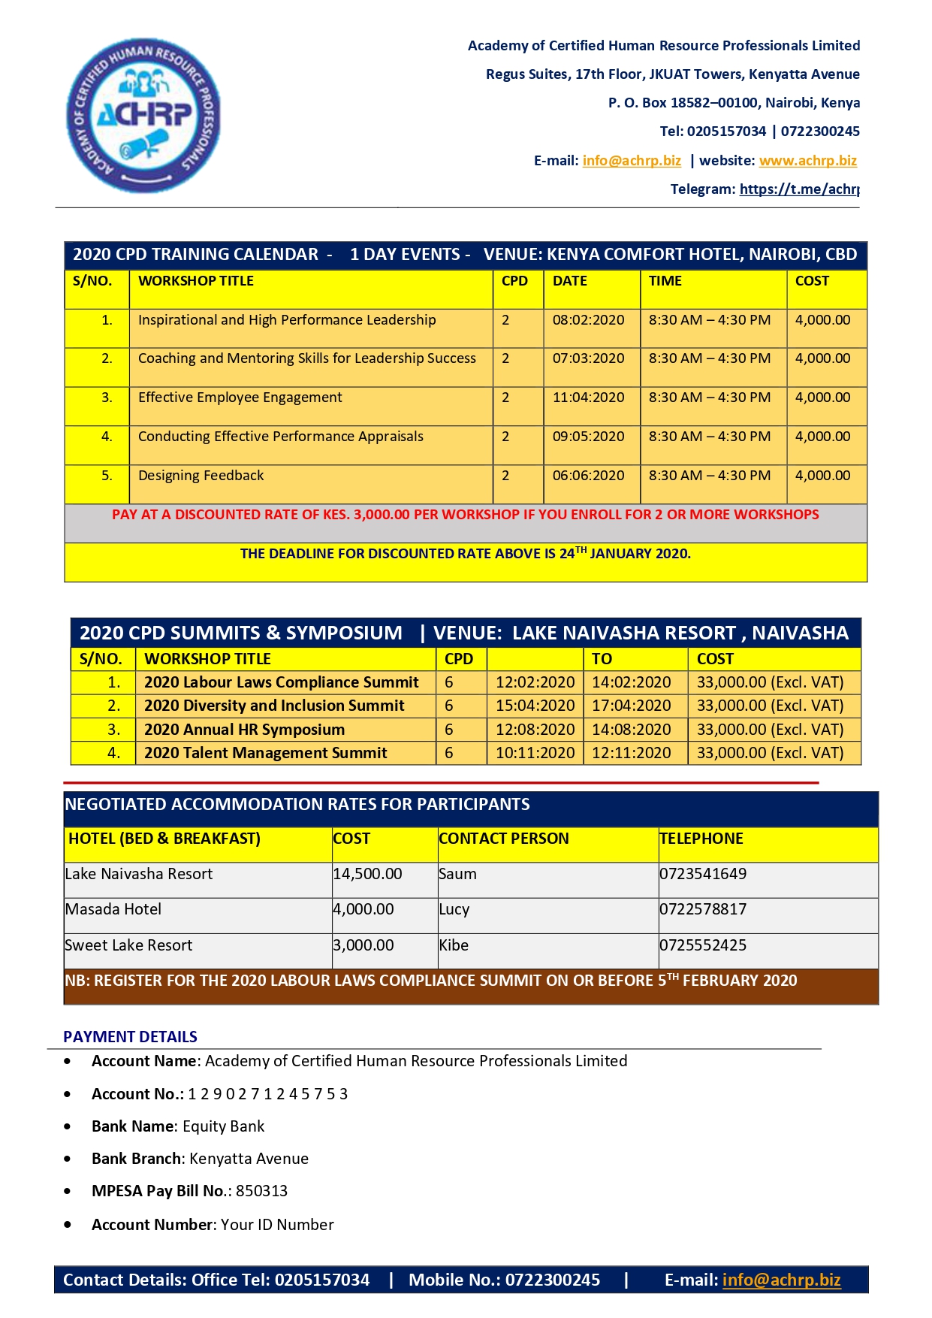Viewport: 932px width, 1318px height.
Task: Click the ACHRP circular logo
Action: click(143, 115)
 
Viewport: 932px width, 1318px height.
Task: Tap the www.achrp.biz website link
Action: click(807, 160)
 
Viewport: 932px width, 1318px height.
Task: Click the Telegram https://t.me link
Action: click(799, 189)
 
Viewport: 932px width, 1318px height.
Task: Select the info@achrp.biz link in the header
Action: click(632, 160)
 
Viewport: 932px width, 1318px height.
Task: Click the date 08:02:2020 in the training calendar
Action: click(588, 320)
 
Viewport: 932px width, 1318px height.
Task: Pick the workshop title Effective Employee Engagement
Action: click(240, 398)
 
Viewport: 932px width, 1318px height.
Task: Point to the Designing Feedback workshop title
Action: click(201, 476)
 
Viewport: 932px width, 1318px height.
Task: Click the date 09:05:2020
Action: click(588, 437)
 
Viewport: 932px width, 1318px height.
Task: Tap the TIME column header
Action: click(665, 281)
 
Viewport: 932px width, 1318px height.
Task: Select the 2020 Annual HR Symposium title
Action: click(244, 730)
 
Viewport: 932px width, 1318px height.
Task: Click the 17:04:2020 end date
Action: click(631, 706)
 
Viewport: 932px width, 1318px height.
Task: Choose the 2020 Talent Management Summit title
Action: click(265, 753)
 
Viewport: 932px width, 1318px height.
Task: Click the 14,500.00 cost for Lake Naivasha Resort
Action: click(367, 874)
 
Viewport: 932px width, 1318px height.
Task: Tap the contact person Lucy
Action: click(454, 909)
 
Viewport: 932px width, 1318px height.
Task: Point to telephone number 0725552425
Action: click(703, 945)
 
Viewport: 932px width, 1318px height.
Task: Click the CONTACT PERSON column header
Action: click(504, 839)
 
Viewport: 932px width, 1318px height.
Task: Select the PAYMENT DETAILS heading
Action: click(130, 1037)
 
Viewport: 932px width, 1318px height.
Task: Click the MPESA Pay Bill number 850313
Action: click(261, 1191)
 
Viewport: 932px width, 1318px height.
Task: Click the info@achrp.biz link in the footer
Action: click(781, 1280)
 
